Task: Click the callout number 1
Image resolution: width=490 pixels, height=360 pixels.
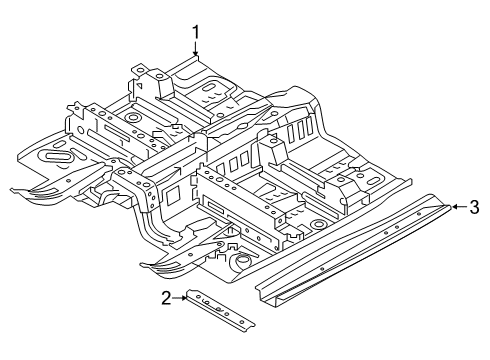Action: [196, 33]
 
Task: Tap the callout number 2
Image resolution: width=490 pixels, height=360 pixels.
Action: [166, 298]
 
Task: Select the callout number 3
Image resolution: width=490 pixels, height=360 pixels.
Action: [474, 207]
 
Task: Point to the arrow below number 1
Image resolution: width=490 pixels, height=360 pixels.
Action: [196, 49]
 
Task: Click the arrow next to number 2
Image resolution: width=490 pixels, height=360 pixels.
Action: [179, 298]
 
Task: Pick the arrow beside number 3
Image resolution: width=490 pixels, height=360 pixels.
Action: [460, 207]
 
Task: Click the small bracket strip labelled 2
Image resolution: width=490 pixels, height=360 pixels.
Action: [220, 311]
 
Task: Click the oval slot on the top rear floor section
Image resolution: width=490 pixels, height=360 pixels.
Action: [209, 89]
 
